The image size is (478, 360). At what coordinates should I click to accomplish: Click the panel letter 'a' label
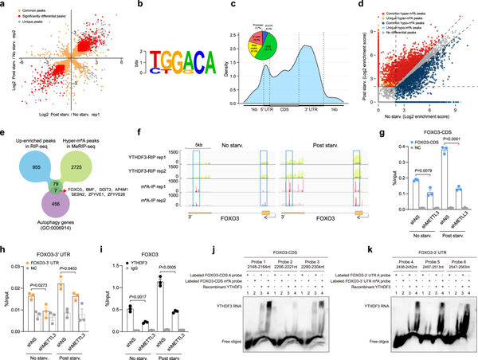tap(4, 5)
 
